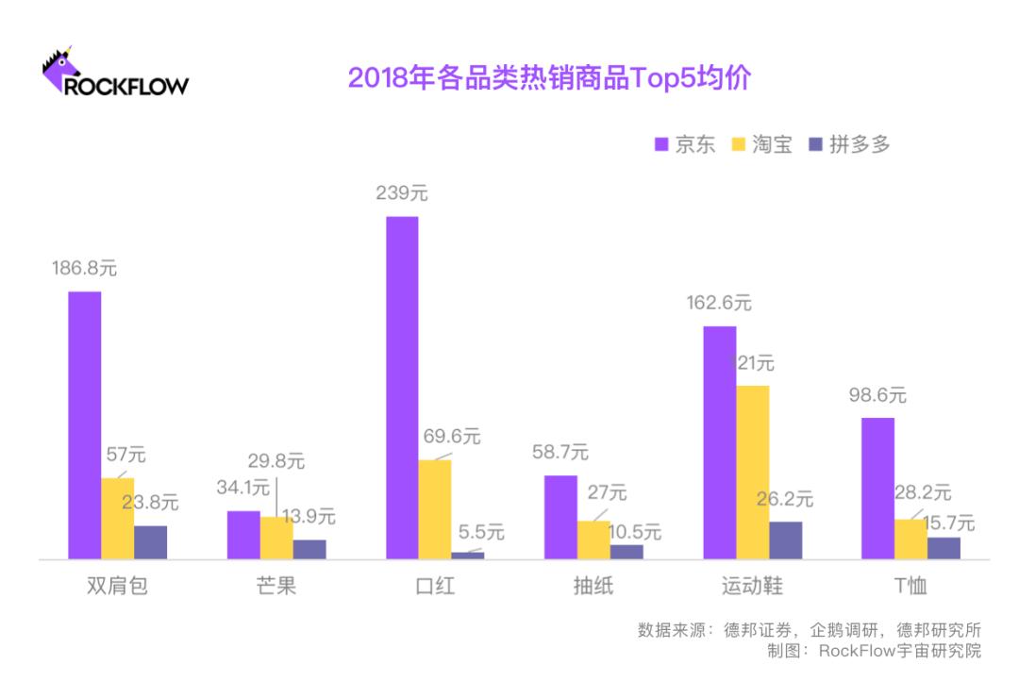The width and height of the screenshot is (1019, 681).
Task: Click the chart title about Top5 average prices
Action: (x=548, y=77)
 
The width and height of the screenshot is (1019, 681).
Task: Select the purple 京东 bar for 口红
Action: (x=402, y=387)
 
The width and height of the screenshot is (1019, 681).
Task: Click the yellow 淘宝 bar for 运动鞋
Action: (x=752, y=472)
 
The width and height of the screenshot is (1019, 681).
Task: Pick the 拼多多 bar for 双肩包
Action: (x=150, y=541)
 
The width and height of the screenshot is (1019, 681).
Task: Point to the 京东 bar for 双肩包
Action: (x=84, y=424)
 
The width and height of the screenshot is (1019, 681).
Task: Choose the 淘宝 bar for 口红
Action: (x=435, y=508)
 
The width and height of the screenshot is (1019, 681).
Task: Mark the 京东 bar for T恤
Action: (x=877, y=488)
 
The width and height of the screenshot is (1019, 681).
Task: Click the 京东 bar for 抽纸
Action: (x=560, y=516)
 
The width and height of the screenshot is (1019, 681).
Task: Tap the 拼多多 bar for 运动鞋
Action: (x=785, y=540)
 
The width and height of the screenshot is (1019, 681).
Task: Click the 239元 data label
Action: (x=401, y=193)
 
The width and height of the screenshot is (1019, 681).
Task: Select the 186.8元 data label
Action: (x=84, y=268)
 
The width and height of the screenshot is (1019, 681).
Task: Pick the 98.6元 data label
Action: (x=877, y=395)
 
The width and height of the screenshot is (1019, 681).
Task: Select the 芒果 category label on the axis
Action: (x=276, y=586)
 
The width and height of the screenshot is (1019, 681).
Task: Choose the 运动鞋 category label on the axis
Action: (x=752, y=586)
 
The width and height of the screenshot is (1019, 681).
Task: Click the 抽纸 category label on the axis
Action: (x=593, y=586)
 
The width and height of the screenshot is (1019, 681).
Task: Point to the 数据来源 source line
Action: (x=809, y=630)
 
